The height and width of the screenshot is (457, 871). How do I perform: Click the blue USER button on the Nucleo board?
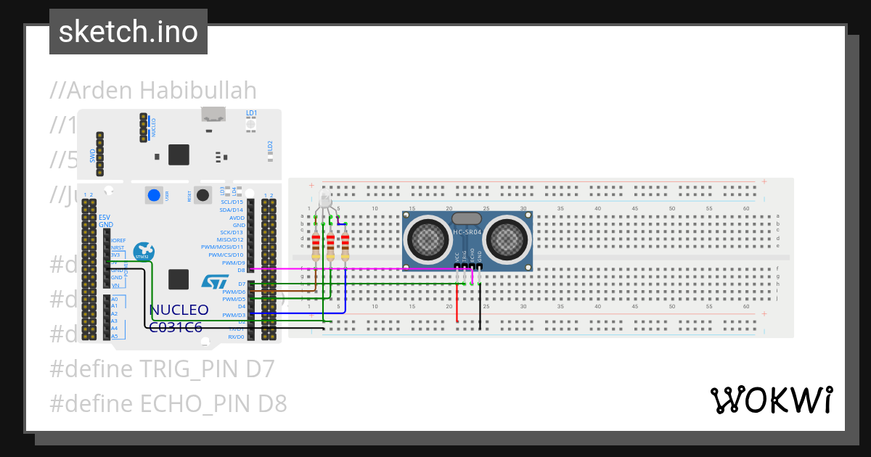[154, 194]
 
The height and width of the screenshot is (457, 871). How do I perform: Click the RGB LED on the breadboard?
[324, 200]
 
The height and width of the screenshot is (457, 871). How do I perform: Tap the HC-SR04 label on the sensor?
[467, 232]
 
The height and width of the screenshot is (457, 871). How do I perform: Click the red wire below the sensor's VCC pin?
[457, 301]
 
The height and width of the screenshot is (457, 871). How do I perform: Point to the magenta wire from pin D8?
[363, 268]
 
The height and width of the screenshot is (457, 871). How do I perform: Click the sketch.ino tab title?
[128, 32]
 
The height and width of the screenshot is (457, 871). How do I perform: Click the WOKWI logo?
[771, 400]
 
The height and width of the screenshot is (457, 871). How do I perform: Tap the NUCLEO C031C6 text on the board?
[179, 318]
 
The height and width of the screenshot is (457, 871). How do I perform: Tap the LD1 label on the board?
[251, 113]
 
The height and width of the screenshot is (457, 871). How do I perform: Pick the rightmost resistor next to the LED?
[345, 247]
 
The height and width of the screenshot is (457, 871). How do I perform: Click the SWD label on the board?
[93, 155]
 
